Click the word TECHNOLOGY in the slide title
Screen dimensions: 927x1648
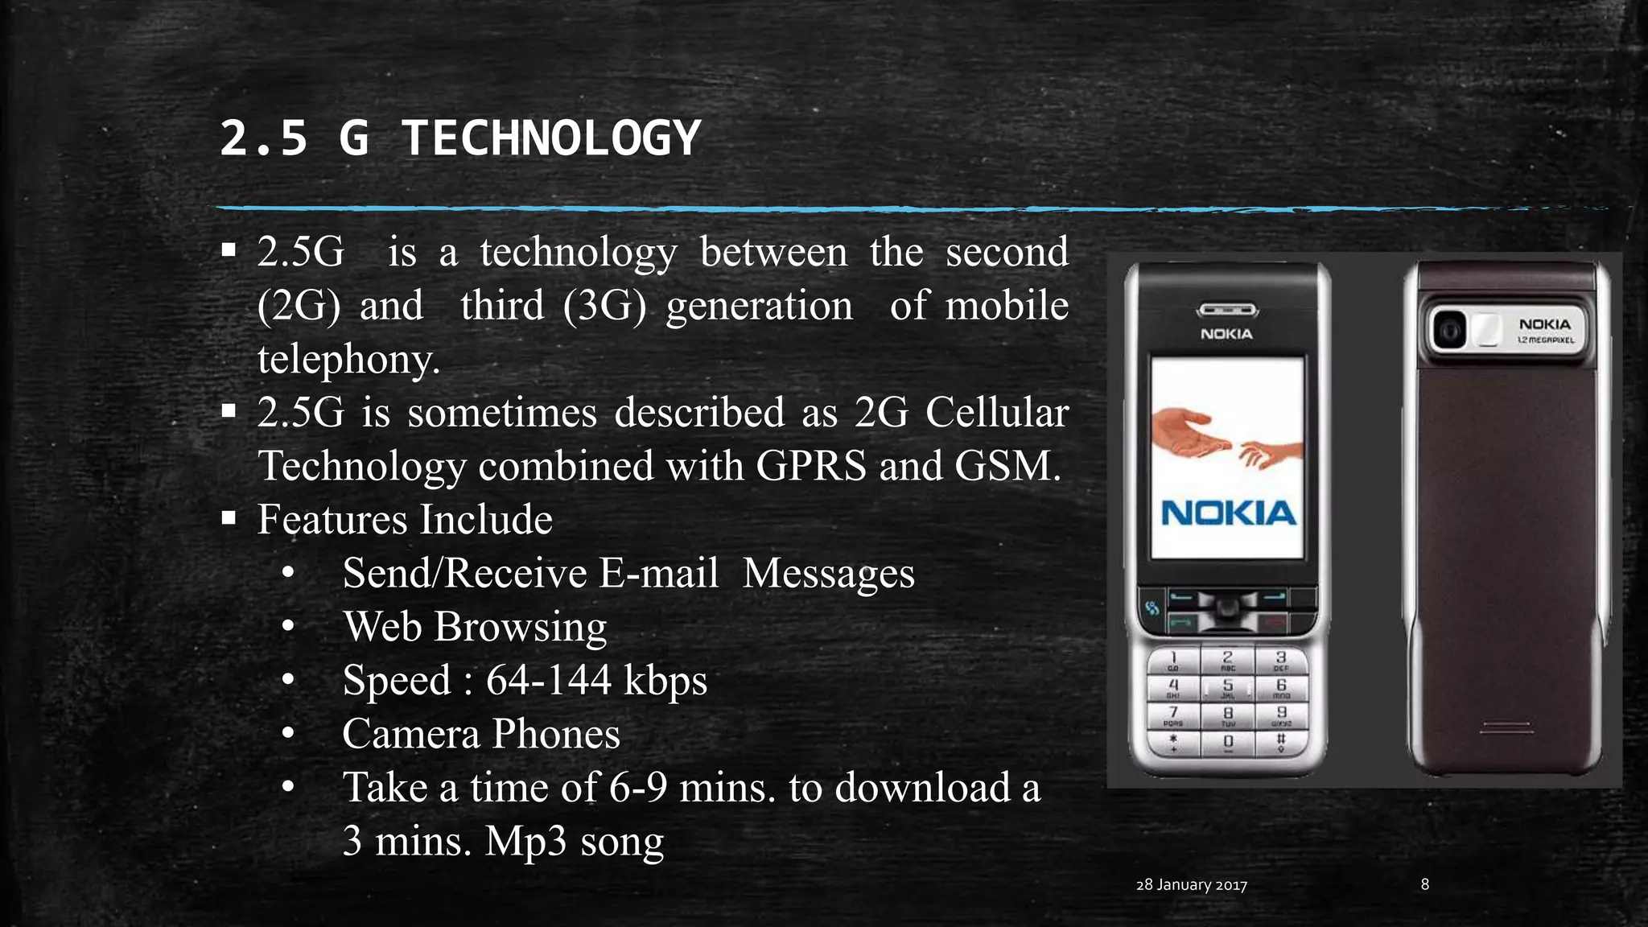coord(551,138)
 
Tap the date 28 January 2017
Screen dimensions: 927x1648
coord(1191,885)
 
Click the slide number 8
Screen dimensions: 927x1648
coord(1424,884)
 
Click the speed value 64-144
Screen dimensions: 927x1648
coord(549,680)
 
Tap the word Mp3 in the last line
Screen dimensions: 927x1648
coord(525,841)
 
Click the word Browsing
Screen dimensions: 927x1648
coord(520,627)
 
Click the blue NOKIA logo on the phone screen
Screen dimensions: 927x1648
coord(1228,513)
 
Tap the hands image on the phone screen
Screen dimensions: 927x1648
coord(1226,439)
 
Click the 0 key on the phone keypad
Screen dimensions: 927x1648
coord(1228,741)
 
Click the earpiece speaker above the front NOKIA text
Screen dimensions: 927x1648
coord(1227,311)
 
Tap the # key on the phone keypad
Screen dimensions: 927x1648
coord(1280,741)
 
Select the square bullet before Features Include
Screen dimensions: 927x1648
coord(229,518)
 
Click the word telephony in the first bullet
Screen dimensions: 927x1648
coord(348,359)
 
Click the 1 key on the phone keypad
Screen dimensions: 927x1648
coord(1173,661)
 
